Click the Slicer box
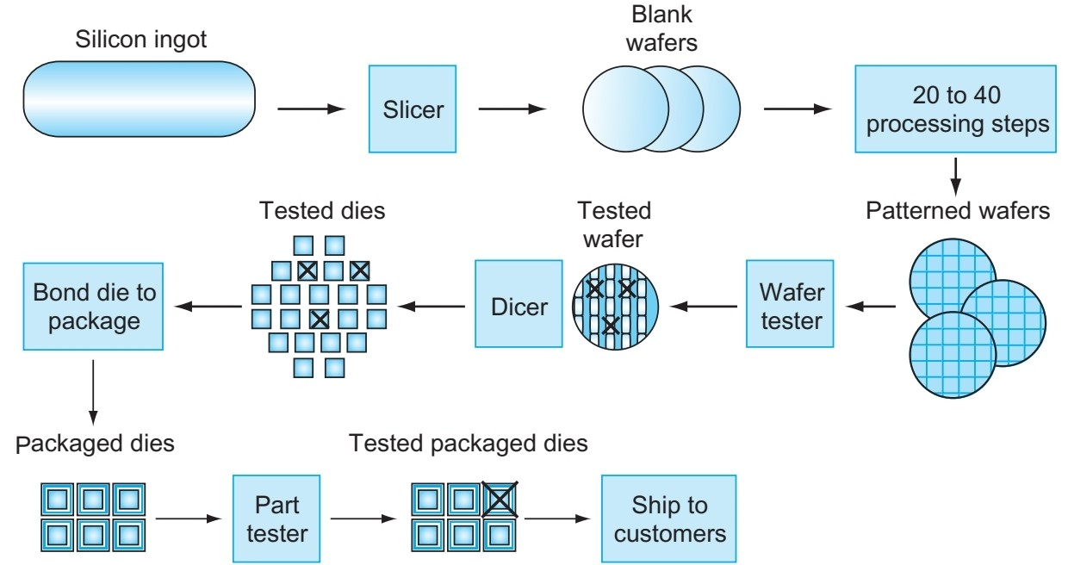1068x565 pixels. click(414, 109)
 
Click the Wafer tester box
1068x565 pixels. click(791, 304)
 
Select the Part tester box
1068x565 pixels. click(276, 518)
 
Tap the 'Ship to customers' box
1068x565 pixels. click(669, 518)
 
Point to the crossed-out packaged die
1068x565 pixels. click(499, 499)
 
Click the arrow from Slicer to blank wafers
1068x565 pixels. click(512, 109)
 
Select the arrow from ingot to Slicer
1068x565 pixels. click(311, 109)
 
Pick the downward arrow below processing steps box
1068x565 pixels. click(956, 176)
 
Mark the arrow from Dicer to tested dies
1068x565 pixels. click(435, 305)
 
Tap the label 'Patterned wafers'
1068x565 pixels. click(958, 211)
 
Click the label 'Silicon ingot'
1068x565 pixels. click(141, 40)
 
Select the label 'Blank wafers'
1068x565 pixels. click(661, 28)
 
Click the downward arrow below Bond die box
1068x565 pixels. click(92, 388)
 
